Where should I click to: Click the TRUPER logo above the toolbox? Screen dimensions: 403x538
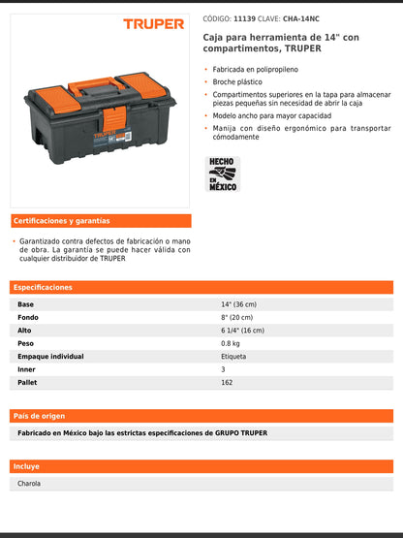153,23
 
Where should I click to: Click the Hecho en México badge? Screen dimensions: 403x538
222,174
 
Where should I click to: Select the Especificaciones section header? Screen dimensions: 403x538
44,288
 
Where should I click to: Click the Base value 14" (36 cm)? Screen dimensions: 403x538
238,304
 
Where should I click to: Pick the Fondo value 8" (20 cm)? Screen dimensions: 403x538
236,317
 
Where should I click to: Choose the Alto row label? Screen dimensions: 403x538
25,331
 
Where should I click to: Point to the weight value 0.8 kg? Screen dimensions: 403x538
231,343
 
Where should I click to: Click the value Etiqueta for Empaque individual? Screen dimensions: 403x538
233,357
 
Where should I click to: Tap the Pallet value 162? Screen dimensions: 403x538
227,383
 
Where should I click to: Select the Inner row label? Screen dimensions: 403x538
27,369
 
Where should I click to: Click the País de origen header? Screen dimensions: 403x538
40,416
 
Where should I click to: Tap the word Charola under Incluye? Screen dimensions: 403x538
29,484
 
